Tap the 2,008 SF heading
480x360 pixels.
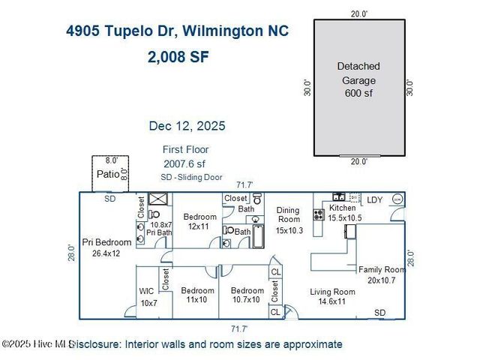click(178, 57)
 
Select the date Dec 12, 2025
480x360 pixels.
click(187, 126)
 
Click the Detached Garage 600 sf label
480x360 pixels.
click(358, 79)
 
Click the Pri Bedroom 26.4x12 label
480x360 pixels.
click(107, 247)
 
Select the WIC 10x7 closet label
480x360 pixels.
click(148, 296)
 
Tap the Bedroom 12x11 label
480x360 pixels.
click(199, 221)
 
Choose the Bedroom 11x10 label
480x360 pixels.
click(196, 295)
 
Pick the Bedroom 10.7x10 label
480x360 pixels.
click(247, 295)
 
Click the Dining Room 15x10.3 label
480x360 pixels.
click(289, 220)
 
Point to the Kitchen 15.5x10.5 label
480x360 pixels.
click(343, 212)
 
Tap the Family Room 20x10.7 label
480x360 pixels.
click(382, 274)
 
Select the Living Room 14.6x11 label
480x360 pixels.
click(332, 296)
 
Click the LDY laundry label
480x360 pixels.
click(374, 199)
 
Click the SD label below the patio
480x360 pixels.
click(110, 199)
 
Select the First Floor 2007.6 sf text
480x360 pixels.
click(185, 156)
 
